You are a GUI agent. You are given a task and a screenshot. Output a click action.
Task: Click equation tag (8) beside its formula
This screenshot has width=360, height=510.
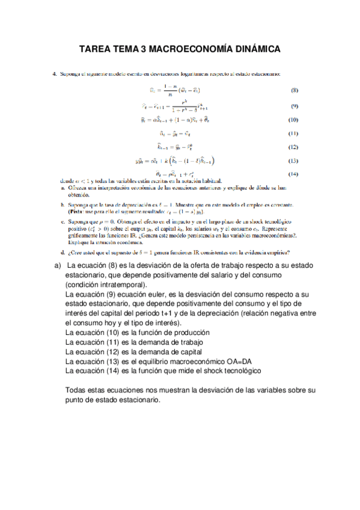coord(294,91)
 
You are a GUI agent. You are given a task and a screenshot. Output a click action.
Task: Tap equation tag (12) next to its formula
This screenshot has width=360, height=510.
coord(294,146)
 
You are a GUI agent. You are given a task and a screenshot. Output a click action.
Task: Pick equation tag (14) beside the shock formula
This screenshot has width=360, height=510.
coord(294,174)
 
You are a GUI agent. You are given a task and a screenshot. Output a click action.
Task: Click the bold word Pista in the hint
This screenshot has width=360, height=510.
coord(79,212)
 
